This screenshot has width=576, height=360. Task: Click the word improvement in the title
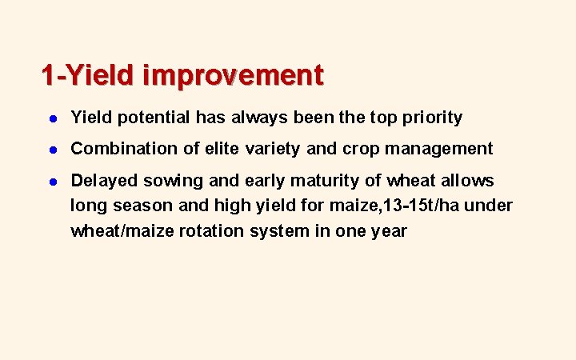tap(234, 75)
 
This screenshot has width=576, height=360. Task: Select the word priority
tap(433, 118)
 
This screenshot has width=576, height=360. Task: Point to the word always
tap(258, 118)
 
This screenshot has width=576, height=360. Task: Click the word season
tap(137, 206)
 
